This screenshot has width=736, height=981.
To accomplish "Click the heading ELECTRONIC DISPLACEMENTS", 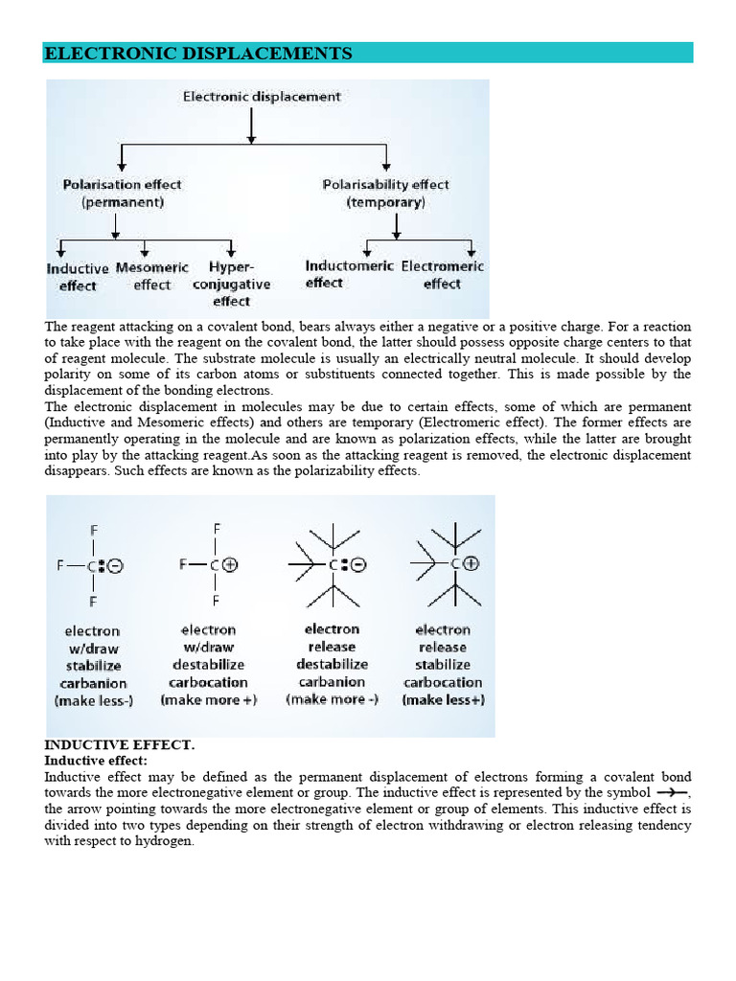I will [x=198, y=54].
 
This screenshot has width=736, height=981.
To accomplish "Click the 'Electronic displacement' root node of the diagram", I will [x=262, y=97].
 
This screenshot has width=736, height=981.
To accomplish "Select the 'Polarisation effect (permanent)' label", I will [x=122, y=193].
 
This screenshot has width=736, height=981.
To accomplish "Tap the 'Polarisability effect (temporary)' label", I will [x=385, y=193].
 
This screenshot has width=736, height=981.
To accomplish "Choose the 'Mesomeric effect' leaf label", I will [x=151, y=276].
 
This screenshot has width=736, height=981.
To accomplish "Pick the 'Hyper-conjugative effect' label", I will [x=231, y=285].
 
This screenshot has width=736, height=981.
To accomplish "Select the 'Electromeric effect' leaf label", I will [x=442, y=274].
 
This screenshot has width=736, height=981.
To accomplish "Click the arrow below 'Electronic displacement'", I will [x=251, y=125].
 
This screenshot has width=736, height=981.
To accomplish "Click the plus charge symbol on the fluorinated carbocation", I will [x=230, y=564].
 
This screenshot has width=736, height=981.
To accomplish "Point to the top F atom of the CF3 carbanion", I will [x=93, y=530].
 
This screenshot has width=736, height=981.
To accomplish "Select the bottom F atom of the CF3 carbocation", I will [x=217, y=601].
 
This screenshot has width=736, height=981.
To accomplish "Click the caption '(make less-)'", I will [x=93, y=700].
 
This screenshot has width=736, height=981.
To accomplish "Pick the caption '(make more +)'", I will [x=208, y=700].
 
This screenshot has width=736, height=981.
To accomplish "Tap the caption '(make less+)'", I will [x=443, y=700].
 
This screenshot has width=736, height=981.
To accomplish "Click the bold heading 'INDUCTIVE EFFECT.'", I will [x=120, y=744].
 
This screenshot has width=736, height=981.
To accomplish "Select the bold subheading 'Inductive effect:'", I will [x=96, y=760].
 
